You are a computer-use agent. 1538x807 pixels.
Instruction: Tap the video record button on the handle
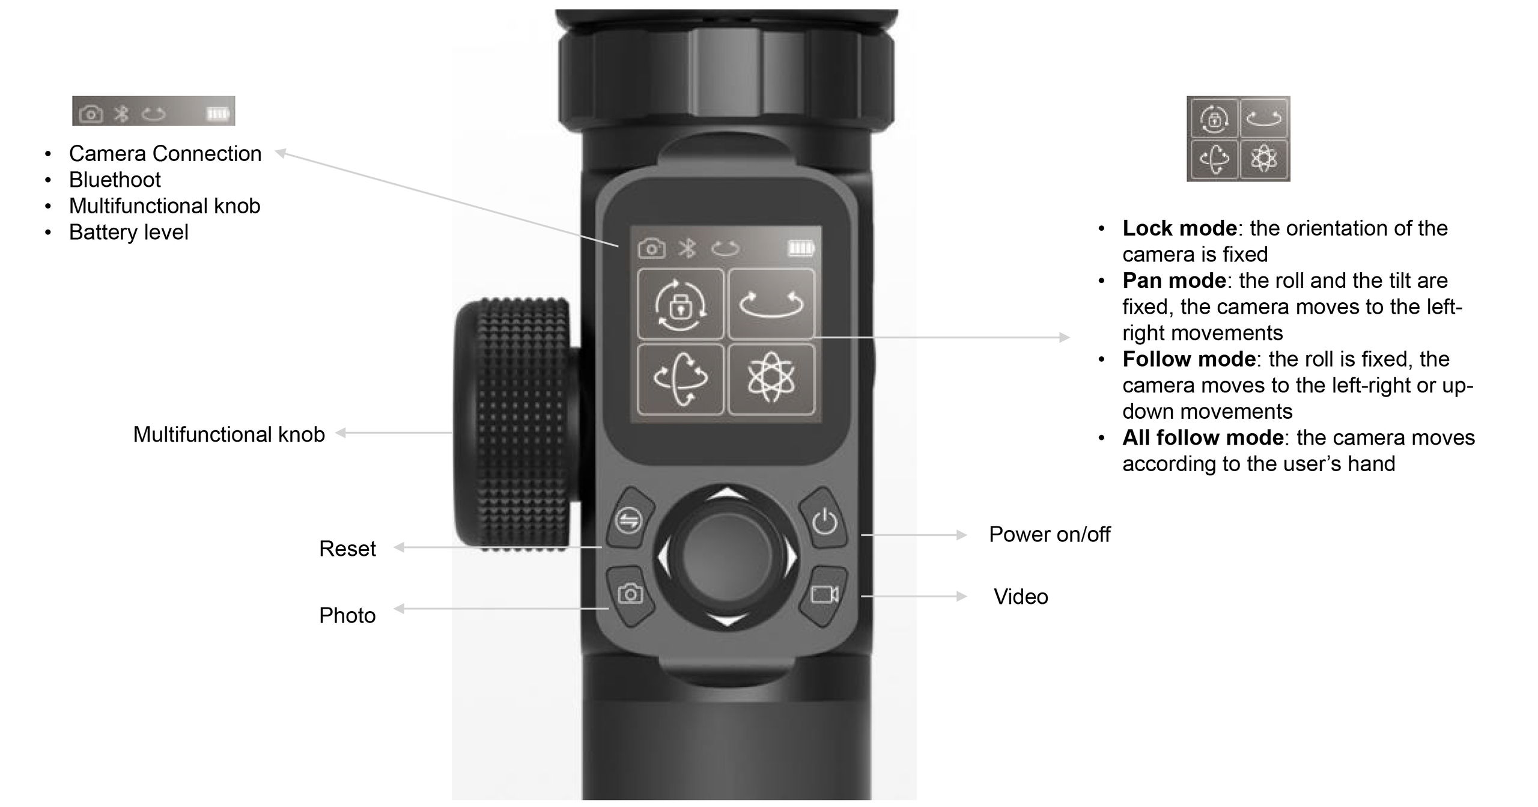[x=824, y=594]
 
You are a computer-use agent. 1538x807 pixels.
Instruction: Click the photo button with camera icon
[x=630, y=594]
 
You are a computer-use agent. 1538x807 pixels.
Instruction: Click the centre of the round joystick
[x=726, y=556]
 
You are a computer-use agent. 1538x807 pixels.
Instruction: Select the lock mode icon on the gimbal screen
[x=680, y=305]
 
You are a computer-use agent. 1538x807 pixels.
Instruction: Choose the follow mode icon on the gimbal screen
[x=680, y=379]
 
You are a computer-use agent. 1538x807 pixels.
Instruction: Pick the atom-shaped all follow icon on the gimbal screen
[x=771, y=379]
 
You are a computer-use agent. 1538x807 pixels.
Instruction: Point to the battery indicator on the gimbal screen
[x=800, y=248]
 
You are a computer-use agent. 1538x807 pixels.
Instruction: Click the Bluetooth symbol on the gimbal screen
[x=687, y=248]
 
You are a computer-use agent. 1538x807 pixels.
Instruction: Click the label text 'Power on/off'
[x=1050, y=534]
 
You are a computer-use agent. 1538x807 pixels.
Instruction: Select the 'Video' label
[x=1021, y=597]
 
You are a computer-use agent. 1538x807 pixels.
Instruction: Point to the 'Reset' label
[x=347, y=549]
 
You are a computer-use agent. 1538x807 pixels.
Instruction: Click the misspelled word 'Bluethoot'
[x=115, y=180]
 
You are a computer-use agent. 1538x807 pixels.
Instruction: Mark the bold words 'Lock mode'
[x=1179, y=228]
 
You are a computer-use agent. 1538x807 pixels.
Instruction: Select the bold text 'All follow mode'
[x=1203, y=437]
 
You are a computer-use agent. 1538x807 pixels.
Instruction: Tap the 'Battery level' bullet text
[x=129, y=232]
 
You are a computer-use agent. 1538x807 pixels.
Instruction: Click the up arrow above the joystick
[x=727, y=493]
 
